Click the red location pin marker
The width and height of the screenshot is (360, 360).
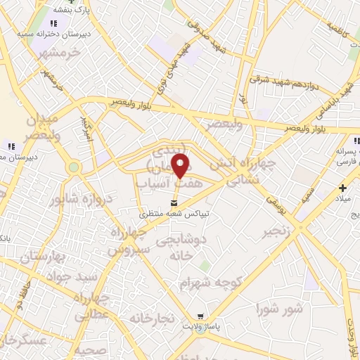[181, 166]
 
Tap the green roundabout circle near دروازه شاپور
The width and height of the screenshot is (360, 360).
[73, 167]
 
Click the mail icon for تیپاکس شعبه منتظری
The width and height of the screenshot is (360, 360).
[144, 202]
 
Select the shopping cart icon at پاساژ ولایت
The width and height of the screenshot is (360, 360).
[201, 317]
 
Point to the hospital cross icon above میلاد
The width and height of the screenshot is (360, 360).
[342, 188]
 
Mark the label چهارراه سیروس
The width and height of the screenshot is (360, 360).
[128, 240]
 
